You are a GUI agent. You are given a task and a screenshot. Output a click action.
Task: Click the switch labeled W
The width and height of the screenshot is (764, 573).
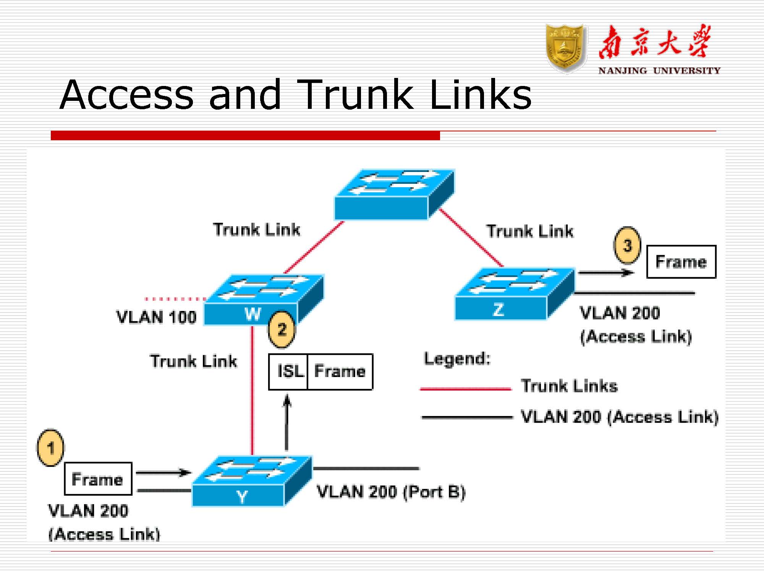click(264, 300)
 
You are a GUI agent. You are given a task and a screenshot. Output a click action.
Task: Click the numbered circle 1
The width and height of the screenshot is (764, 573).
click(50, 448)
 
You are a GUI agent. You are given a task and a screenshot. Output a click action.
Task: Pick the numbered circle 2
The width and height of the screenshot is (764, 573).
click(282, 329)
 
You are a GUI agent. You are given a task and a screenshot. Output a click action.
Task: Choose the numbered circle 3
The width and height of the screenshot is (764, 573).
click(627, 246)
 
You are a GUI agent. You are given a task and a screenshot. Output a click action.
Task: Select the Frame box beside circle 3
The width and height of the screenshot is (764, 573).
click(681, 262)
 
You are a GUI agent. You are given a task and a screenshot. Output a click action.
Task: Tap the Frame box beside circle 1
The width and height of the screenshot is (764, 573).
click(98, 479)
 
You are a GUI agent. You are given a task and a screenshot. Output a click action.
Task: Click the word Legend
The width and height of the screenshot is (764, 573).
click(457, 359)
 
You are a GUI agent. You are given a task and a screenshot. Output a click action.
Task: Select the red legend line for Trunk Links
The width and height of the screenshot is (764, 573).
click(465, 389)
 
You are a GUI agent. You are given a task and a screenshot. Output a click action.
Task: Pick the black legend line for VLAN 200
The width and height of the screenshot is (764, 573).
click(467, 418)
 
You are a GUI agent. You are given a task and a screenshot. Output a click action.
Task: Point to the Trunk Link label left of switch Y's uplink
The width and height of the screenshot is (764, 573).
click(194, 361)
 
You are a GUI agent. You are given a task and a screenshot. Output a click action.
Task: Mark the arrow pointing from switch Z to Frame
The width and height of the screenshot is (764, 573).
click(605, 273)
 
